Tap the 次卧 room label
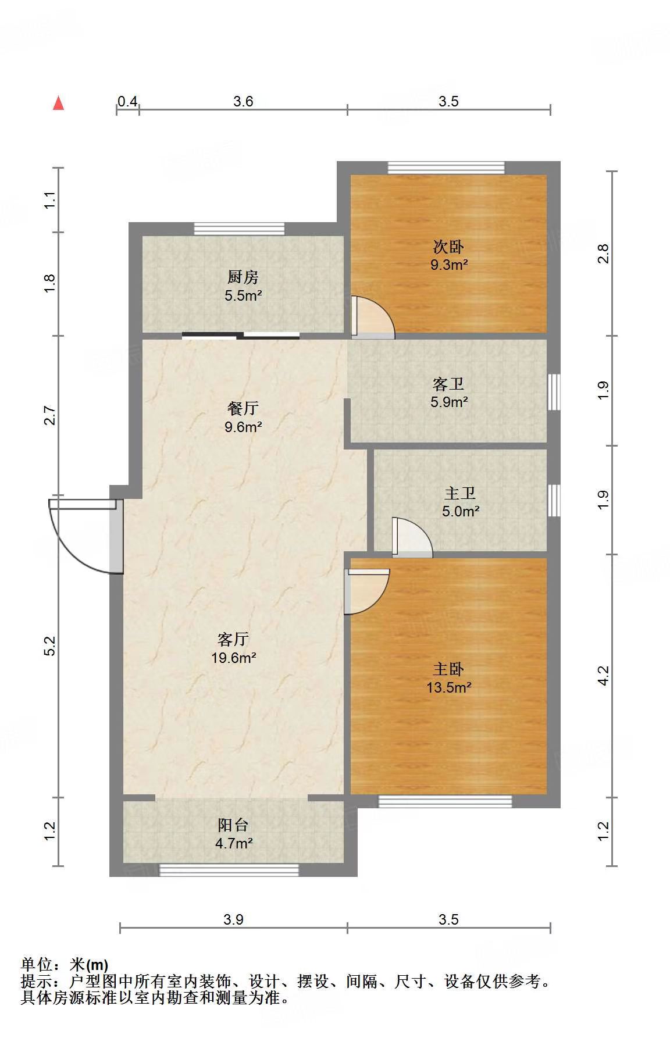click(448, 247)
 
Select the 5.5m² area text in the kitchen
click(243, 295)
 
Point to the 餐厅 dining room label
click(243, 408)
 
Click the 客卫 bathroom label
click(448, 384)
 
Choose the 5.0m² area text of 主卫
click(461, 512)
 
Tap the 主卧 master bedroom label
click(448, 669)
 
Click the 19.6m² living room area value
click(234, 658)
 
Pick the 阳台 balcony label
click(233, 825)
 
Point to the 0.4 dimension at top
click(127, 102)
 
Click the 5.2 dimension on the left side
click(51, 646)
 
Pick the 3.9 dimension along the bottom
click(233, 919)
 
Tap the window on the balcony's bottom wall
click(229, 870)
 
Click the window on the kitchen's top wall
click(239, 229)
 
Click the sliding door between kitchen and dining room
click(241, 336)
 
